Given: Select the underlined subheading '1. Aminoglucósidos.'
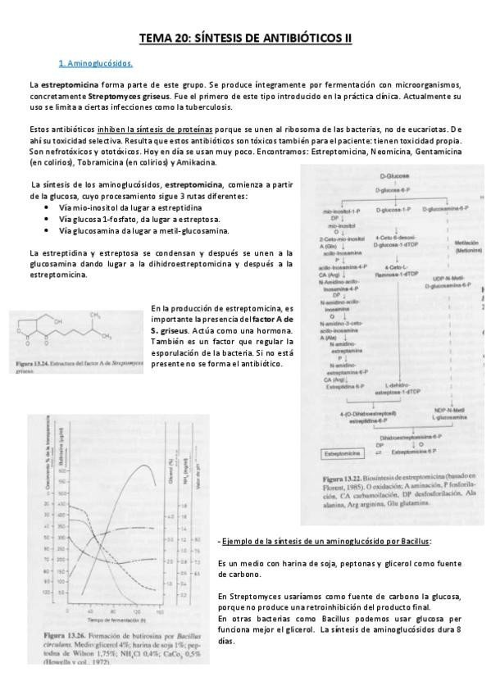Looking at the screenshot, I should point(96,63).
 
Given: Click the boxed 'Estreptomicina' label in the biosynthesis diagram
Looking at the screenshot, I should point(339,451).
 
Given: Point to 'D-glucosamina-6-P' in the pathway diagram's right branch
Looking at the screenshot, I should point(446,210).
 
